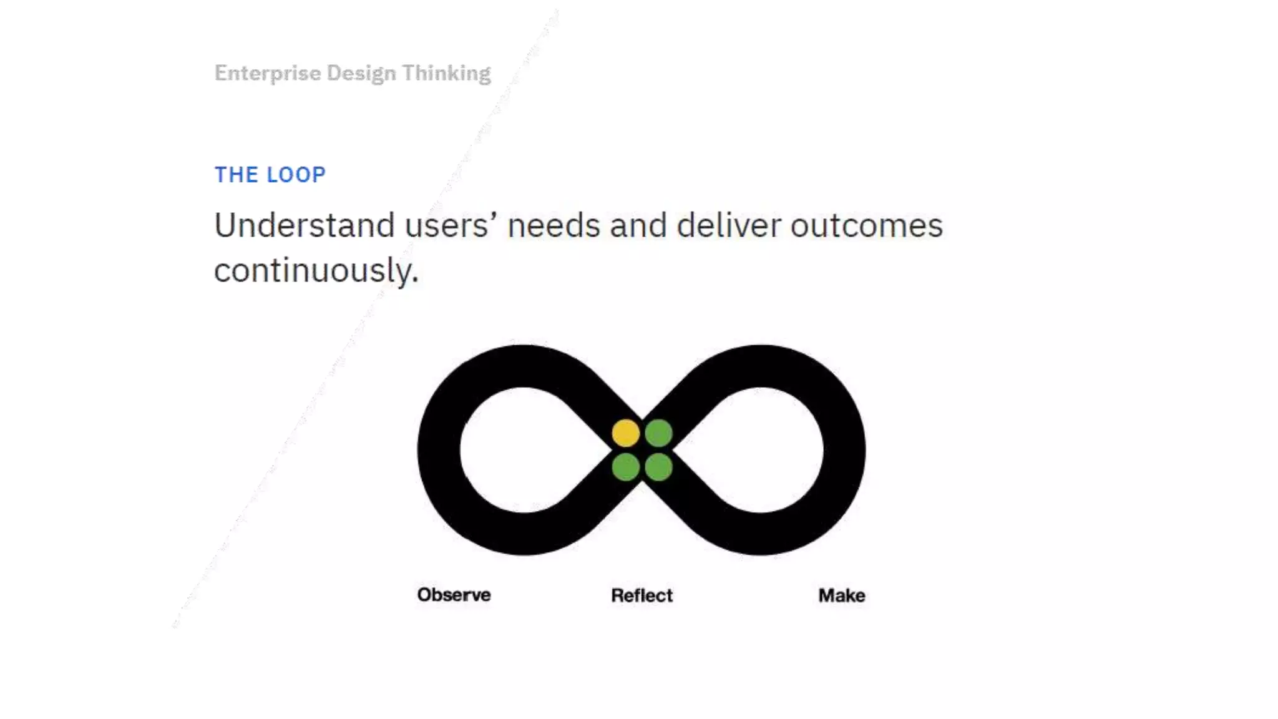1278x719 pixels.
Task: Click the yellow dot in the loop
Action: [x=625, y=433]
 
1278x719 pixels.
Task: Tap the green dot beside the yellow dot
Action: [x=658, y=433]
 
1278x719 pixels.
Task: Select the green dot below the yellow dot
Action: [x=625, y=467]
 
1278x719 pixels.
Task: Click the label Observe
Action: [x=454, y=595]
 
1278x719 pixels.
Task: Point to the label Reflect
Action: [x=641, y=595]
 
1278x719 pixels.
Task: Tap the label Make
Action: [x=841, y=595]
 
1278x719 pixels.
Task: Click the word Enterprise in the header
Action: [x=268, y=74]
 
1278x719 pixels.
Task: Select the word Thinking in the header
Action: [x=446, y=73]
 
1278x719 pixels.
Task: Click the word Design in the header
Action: [x=361, y=74]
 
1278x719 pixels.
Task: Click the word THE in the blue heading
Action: [x=236, y=175]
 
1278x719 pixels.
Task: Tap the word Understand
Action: [x=304, y=225]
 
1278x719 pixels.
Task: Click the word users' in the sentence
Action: [x=446, y=225]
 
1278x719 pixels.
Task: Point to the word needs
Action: [x=554, y=225]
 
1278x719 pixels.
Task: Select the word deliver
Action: [x=728, y=225]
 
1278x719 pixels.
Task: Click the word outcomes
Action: [x=866, y=225]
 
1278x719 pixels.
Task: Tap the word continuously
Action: [x=315, y=271]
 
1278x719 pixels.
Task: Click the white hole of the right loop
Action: [x=760, y=449]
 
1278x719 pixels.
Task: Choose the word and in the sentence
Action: [x=638, y=225]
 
